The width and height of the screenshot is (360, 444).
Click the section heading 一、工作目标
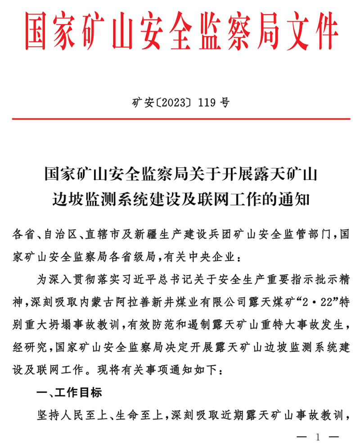[x=69, y=392]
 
